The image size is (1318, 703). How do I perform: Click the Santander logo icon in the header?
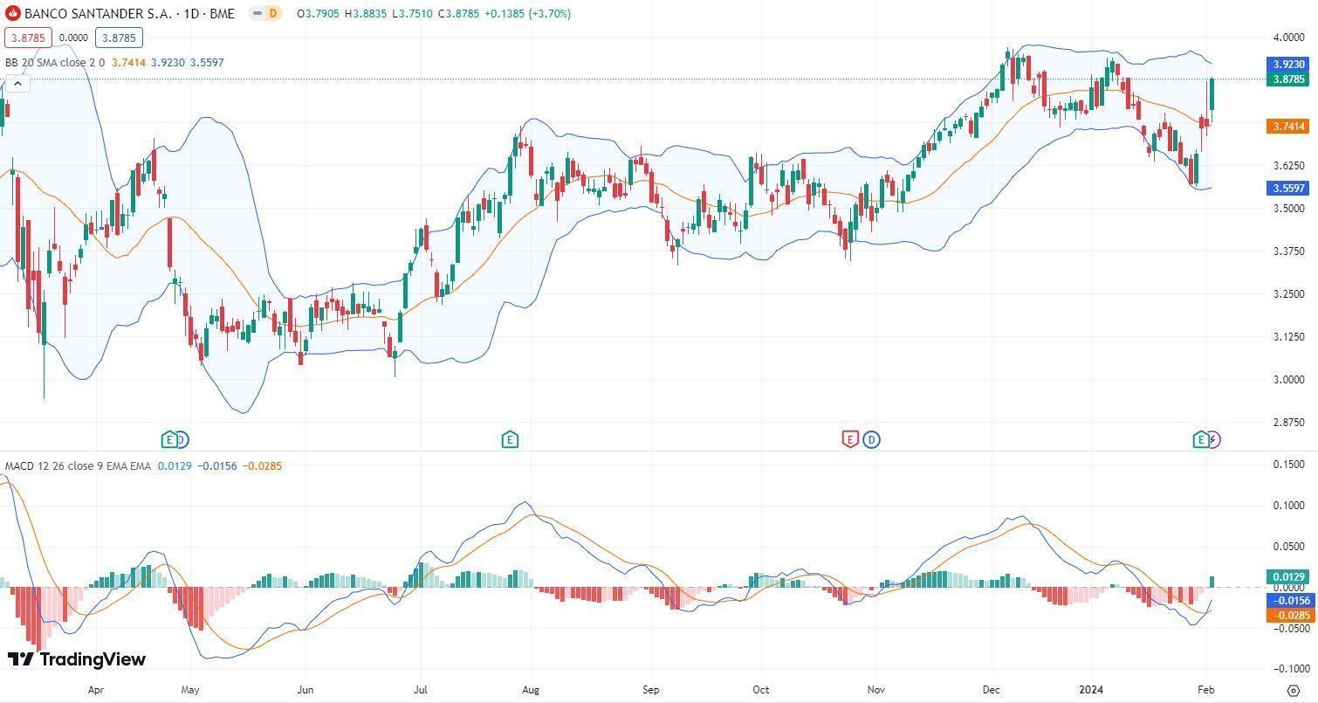(x=13, y=13)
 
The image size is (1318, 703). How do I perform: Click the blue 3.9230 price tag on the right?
(x=1288, y=65)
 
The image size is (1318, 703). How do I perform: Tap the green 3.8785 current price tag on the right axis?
(x=1288, y=79)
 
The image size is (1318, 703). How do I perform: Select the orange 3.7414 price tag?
(x=1288, y=127)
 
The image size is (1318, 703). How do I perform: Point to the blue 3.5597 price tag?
(x=1288, y=188)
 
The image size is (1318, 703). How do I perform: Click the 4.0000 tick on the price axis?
(x=1288, y=38)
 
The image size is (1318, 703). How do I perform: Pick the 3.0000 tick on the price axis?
(x=1288, y=379)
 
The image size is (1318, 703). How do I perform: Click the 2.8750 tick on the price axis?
(x=1288, y=422)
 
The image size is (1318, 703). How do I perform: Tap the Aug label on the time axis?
(x=530, y=689)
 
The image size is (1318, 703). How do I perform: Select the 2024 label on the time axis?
(x=1091, y=689)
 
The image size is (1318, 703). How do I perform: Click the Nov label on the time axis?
(x=875, y=689)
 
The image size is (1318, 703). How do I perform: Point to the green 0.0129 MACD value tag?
(x=1288, y=576)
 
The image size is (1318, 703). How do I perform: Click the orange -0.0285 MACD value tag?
(x=1288, y=615)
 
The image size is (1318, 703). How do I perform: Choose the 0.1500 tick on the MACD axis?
(x=1288, y=465)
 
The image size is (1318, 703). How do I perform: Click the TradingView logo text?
(x=77, y=659)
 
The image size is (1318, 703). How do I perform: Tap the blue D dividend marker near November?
(x=871, y=439)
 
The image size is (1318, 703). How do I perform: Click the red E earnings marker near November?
(x=850, y=439)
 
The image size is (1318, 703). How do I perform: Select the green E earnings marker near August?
(x=510, y=439)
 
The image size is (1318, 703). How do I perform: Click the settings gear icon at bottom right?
(x=1294, y=690)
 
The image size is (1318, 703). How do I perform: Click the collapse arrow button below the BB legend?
(x=18, y=84)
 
